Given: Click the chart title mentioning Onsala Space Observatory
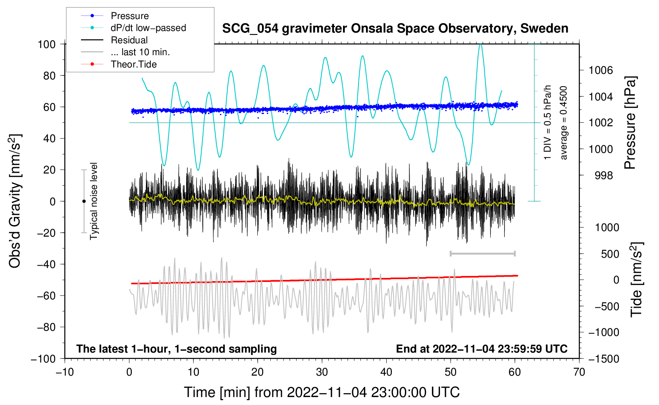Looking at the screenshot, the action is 395,29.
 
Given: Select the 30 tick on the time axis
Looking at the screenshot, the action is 322,372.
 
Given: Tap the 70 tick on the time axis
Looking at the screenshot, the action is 579,372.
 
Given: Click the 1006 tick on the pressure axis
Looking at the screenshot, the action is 601,70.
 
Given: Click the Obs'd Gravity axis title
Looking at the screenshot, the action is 15,201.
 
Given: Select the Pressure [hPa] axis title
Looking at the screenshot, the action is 630,123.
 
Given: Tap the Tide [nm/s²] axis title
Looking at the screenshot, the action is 636,279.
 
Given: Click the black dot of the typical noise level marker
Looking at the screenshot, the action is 84,201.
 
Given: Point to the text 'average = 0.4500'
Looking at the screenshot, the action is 563,123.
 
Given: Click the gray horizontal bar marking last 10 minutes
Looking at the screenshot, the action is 482,253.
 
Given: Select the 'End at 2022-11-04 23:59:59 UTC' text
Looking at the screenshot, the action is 482,349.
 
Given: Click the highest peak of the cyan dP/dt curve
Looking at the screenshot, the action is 480,44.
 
